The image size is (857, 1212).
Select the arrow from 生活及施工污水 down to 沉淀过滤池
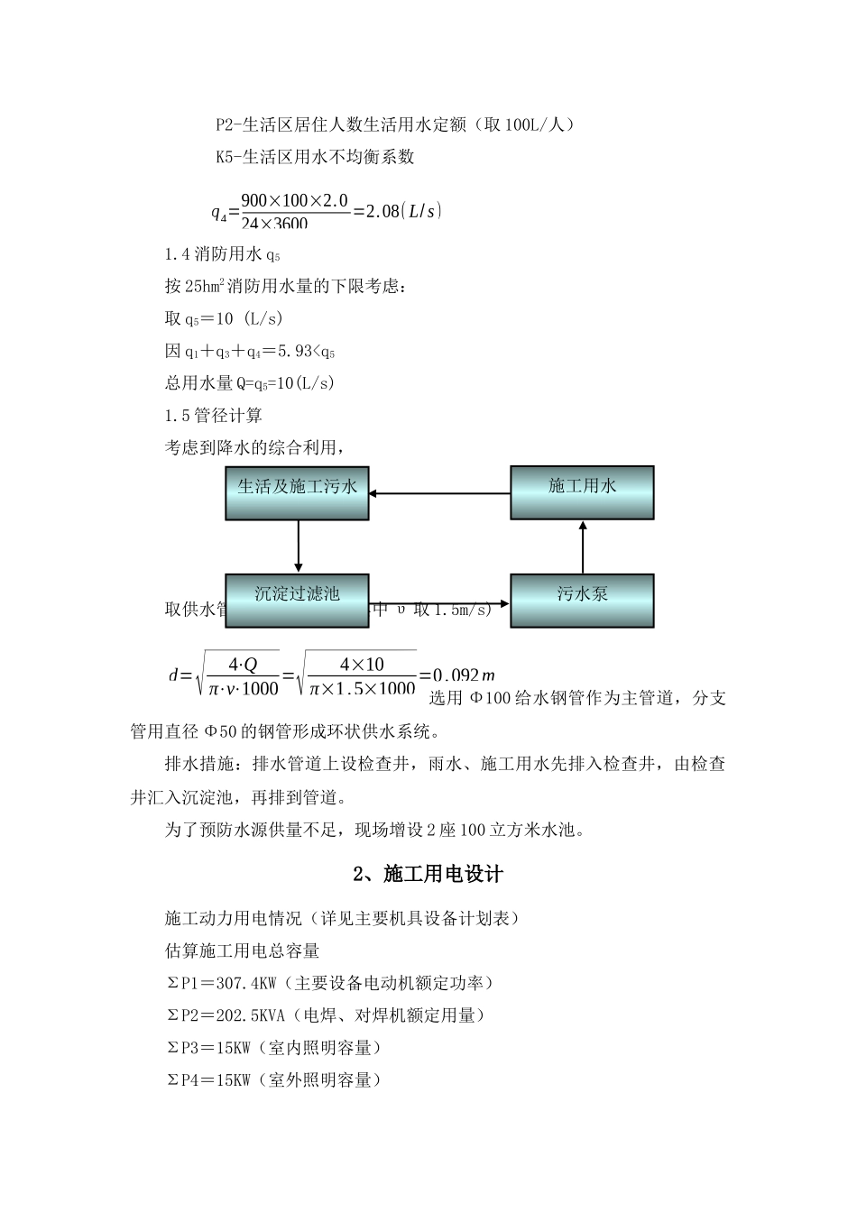point(298,546)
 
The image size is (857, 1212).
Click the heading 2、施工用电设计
point(428,874)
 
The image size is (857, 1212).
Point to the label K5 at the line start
point(225,157)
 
